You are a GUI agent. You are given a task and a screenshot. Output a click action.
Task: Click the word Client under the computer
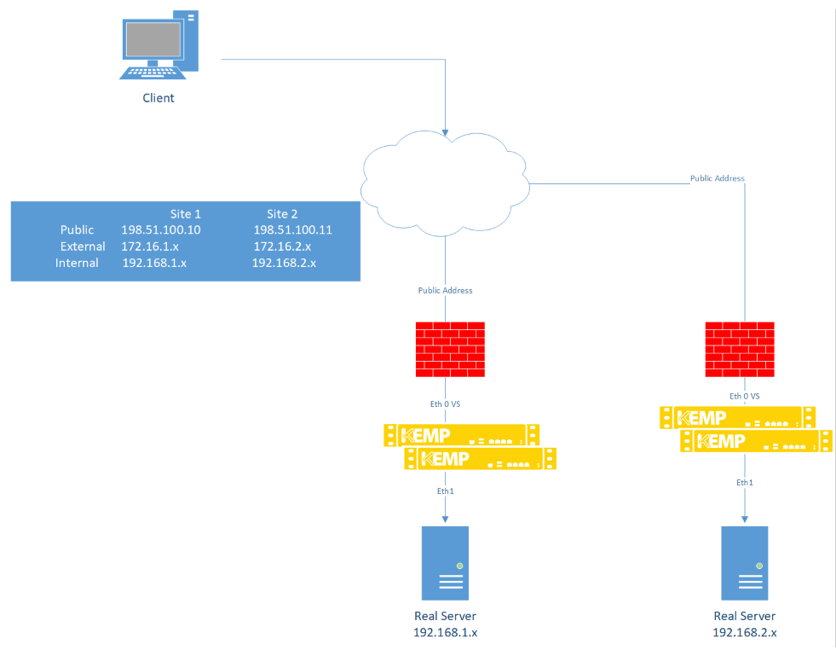click(x=158, y=98)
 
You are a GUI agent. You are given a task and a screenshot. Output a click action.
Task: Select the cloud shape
click(x=444, y=180)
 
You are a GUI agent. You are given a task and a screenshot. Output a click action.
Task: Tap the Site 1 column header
click(x=186, y=214)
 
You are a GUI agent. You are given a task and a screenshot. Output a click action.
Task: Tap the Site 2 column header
click(x=282, y=214)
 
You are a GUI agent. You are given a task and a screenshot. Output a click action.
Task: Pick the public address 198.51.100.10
click(x=161, y=230)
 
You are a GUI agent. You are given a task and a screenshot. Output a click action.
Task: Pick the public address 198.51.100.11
click(x=292, y=230)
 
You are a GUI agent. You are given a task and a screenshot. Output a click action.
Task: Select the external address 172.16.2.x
click(x=282, y=247)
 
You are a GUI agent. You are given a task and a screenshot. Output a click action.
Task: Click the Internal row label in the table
click(x=77, y=263)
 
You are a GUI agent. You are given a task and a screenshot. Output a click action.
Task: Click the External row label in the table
click(x=83, y=247)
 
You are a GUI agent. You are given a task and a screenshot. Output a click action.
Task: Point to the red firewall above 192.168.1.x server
click(x=450, y=350)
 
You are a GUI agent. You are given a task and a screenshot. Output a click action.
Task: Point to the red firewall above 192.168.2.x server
click(x=741, y=350)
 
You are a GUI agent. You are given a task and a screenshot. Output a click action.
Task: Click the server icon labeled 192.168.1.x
click(x=445, y=563)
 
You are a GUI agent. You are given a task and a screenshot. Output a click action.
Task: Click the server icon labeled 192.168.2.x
click(x=745, y=563)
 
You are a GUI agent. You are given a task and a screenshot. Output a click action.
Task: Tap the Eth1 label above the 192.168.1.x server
click(x=445, y=490)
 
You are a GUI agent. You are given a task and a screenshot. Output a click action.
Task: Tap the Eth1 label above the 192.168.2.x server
click(x=745, y=483)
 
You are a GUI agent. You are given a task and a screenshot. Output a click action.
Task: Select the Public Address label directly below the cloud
click(x=445, y=291)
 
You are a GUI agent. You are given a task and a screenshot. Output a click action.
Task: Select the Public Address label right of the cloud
click(x=717, y=179)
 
